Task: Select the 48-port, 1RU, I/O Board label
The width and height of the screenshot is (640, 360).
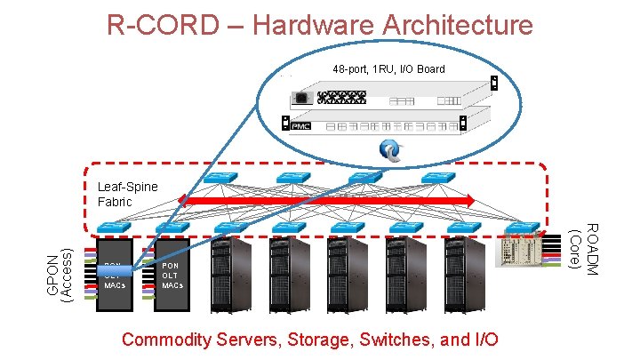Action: tap(388, 68)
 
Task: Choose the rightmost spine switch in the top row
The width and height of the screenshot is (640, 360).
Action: tap(436, 178)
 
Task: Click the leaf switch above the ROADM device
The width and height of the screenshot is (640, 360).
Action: tap(522, 228)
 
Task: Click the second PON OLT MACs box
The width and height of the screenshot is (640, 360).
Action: tap(172, 276)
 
